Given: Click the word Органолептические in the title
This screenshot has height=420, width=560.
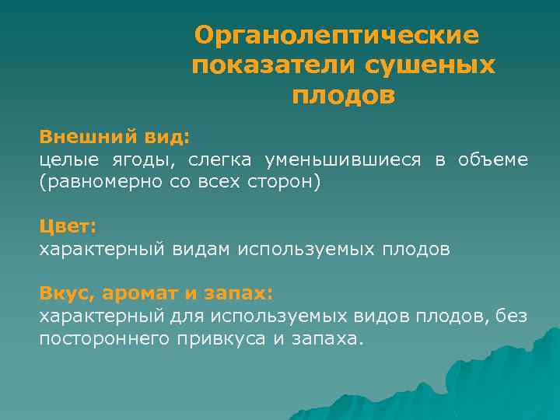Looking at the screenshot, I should pyautogui.click(x=338, y=35).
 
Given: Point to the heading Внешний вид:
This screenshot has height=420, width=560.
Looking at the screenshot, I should pyautogui.click(x=114, y=137).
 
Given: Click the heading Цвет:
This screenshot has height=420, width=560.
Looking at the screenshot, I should pyautogui.click(x=68, y=226).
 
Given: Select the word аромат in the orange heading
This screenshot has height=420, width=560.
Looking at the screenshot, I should pyautogui.click(x=149, y=294).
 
